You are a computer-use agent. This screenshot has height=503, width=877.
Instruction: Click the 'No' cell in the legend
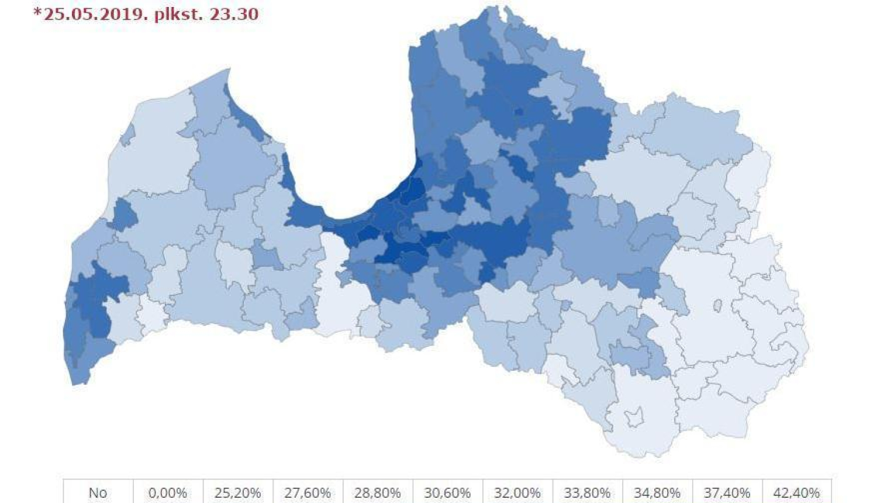98,493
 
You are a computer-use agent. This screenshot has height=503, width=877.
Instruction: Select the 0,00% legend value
168,493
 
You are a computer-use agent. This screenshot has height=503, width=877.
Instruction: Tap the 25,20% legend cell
238,493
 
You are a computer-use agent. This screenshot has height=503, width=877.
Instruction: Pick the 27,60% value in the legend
308,493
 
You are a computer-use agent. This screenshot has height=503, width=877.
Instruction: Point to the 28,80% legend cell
378,493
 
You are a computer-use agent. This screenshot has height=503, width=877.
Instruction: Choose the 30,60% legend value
448,493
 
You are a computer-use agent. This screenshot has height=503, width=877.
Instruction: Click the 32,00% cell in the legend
517,493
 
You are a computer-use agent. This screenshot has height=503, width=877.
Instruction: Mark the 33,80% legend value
588,493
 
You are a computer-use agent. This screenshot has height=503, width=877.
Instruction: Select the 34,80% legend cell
657,493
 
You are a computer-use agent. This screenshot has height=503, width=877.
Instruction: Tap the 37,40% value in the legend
727,493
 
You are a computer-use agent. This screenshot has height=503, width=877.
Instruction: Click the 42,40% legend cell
797,493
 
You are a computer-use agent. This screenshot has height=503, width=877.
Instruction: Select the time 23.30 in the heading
236,14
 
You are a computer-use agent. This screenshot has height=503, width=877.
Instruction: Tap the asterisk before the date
37,12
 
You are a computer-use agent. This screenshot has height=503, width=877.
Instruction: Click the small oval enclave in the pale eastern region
717,305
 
